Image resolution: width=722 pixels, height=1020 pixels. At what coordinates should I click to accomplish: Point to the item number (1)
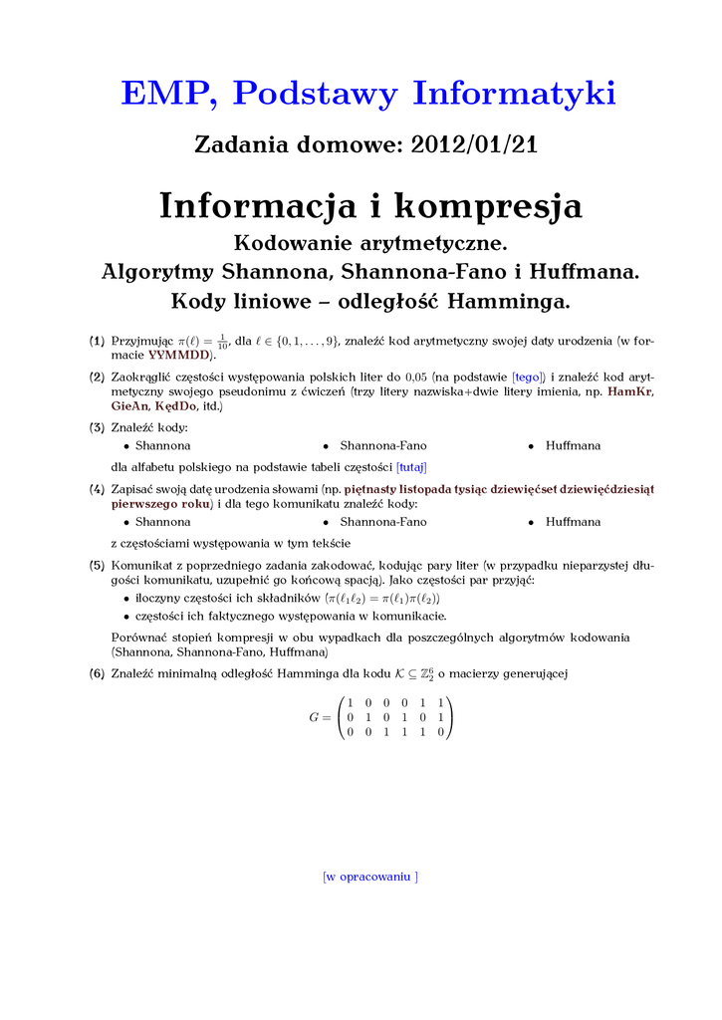click(x=97, y=341)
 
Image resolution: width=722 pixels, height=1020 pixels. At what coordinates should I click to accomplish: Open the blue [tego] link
click(x=529, y=378)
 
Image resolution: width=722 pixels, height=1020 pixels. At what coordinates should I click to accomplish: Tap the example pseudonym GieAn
click(x=129, y=406)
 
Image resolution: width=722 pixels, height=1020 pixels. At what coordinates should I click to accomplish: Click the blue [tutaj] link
click(x=411, y=465)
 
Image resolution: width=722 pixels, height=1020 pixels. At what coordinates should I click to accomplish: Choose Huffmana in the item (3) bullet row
click(x=573, y=445)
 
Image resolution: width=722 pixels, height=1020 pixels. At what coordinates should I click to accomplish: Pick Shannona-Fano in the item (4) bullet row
click(x=383, y=521)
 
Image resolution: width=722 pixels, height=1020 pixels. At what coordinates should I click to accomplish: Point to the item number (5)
click(x=97, y=565)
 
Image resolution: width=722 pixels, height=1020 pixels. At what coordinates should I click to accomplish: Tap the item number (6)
click(x=97, y=673)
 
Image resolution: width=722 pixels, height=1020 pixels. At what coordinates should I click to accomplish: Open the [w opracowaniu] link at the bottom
click(x=370, y=876)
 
